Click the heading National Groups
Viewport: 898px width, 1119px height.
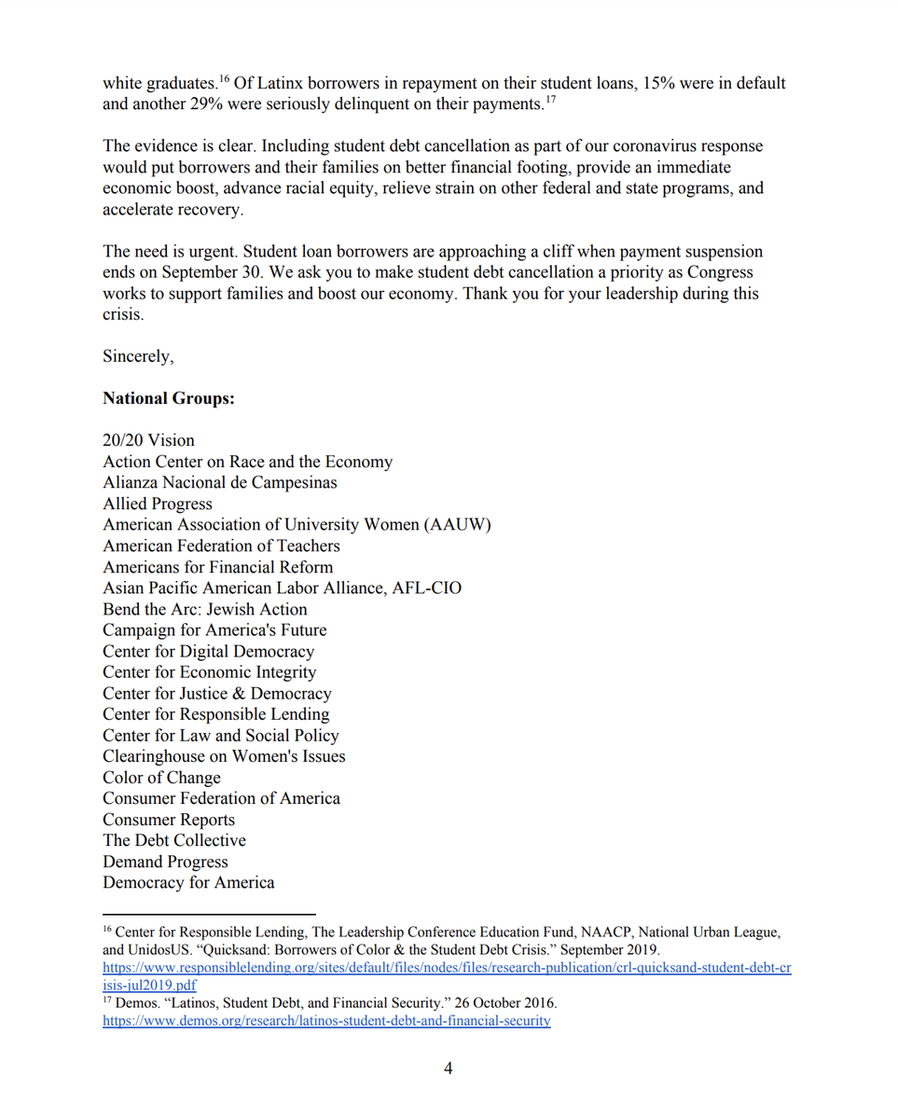point(169,398)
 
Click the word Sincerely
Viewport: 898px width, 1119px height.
point(138,357)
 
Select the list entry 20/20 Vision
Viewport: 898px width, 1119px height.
point(148,440)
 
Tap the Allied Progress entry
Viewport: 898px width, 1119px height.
point(158,504)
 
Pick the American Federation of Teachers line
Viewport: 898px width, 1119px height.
point(221,546)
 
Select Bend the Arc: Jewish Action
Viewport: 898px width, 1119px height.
point(205,609)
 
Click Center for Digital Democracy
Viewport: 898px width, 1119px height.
point(208,651)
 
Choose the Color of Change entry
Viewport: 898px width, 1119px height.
point(161,778)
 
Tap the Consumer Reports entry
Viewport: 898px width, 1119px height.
point(169,820)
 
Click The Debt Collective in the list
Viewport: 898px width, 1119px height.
point(174,840)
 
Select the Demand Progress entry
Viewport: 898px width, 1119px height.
point(165,862)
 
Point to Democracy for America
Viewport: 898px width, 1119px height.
point(188,882)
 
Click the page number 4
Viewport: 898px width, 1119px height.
point(449,1068)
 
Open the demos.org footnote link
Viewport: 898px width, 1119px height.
point(326,1021)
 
